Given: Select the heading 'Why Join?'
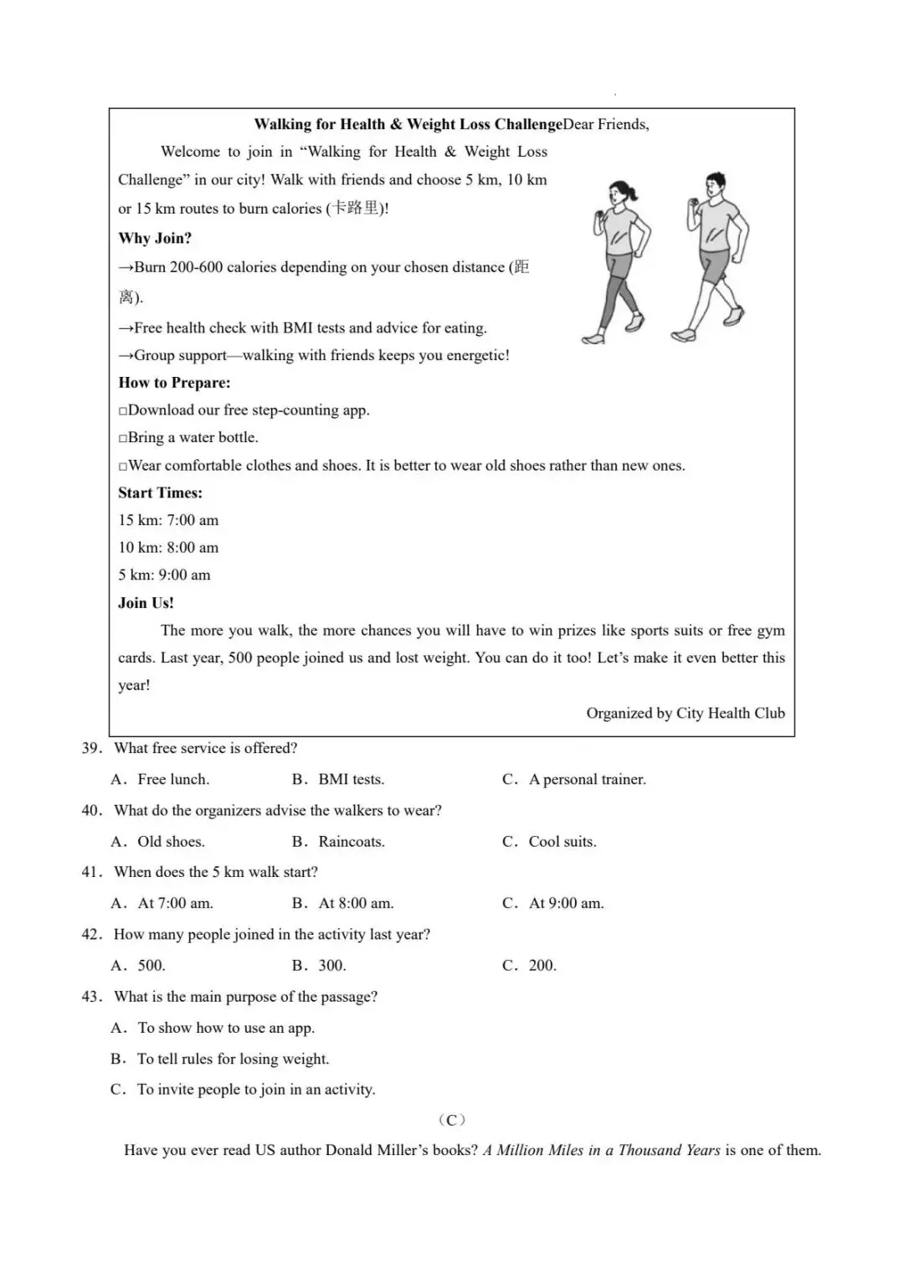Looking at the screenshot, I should click(x=155, y=238).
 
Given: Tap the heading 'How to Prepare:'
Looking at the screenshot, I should click(x=174, y=383).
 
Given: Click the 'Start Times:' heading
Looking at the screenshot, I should click(x=160, y=493).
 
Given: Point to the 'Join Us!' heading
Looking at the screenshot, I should click(x=146, y=603).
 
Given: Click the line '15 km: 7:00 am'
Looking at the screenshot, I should click(x=168, y=520).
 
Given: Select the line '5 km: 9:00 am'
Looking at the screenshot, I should click(x=164, y=575).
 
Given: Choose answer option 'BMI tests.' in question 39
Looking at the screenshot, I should click(x=351, y=780).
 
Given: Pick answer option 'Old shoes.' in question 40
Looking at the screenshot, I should click(x=171, y=842).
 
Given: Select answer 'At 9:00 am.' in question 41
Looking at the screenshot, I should click(x=566, y=904).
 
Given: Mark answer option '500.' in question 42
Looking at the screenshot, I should click(x=152, y=966).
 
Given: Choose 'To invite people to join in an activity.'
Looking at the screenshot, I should click(x=256, y=1090).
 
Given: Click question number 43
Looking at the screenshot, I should click(x=92, y=997).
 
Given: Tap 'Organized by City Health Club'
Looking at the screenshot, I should click(x=685, y=714).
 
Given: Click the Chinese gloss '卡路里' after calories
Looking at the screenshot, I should click(x=355, y=209).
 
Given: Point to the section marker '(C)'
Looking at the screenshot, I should click(x=452, y=1120).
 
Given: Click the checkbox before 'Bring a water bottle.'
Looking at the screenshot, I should click(x=123, y=438).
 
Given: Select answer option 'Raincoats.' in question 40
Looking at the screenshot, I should click(x=352, y=842).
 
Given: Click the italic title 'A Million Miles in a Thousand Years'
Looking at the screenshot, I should click(x=601, y=1151).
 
